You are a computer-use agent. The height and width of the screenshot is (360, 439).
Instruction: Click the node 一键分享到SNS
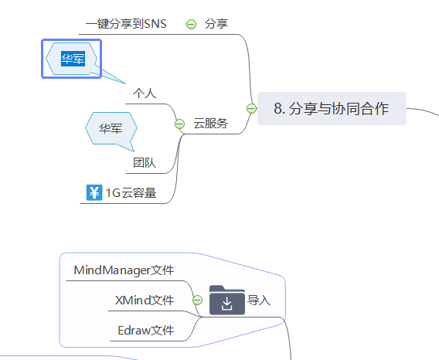tap(126, 23)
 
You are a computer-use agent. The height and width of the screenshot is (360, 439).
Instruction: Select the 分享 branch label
tap(216, 24)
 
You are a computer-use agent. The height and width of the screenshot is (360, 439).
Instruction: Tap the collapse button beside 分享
tap(191, 24)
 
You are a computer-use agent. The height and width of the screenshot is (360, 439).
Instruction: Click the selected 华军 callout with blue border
tap(72, 59)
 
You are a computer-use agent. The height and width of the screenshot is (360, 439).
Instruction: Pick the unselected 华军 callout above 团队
tap(110, 128)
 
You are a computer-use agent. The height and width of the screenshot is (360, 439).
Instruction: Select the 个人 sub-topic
tap(145, 93)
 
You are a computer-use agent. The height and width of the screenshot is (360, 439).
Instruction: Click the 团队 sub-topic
tap(145, 163)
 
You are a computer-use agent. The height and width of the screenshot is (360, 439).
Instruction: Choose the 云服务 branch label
tap(210, 123)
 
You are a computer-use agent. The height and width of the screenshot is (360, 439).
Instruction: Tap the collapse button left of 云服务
tap(179, 124)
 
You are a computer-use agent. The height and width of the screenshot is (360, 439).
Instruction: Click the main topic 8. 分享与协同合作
tap(331, 109)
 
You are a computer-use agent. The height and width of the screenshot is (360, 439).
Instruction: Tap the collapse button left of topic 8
tap(251, 109)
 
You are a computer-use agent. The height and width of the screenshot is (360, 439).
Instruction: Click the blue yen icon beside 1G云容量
tap(94, 192)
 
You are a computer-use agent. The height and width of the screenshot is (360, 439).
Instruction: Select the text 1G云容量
tap(131, 193)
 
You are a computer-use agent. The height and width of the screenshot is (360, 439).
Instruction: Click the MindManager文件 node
tap(124, 270)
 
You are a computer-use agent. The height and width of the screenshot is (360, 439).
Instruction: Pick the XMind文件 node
tap(145, 300)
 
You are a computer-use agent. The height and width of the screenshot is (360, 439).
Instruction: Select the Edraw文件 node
tap(146, 330)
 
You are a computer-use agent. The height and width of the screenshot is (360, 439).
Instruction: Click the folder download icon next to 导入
tap(226, 301)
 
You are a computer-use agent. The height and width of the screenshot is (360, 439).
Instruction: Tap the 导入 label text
tap(259, 301)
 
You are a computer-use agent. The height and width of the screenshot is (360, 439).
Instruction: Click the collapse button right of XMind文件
tap(197, 300)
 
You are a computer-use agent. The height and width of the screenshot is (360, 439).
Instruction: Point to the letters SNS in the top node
tap(155, 23)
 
